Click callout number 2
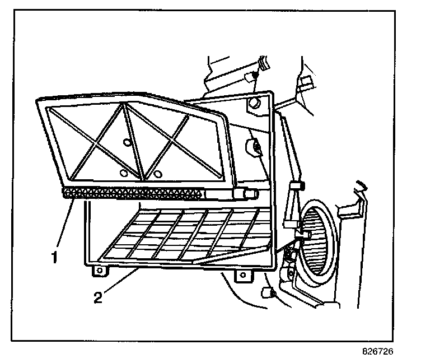pos(98,297)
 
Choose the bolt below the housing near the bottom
pos(267,292)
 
